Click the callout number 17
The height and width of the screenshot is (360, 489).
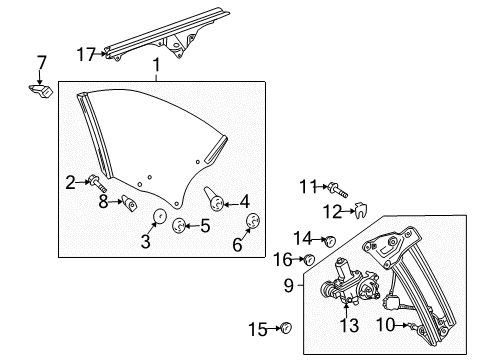point(87,53)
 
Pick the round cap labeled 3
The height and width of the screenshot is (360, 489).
point(158,218)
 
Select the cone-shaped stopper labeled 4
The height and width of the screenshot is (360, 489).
point(212,194)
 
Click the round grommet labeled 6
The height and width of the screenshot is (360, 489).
point(252,222)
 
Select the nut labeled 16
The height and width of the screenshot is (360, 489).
point(311,260)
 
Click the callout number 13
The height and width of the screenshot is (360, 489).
point(348,326)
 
